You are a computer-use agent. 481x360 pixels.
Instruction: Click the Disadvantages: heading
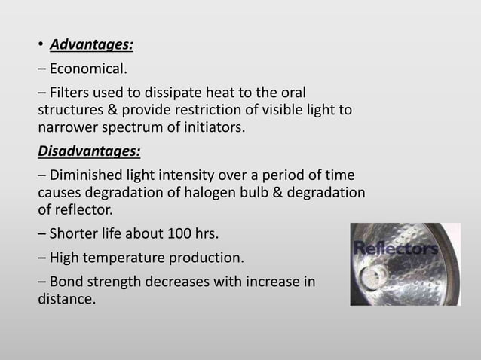coord(89,151)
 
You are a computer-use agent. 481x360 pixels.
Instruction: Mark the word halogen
coord(208,193)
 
